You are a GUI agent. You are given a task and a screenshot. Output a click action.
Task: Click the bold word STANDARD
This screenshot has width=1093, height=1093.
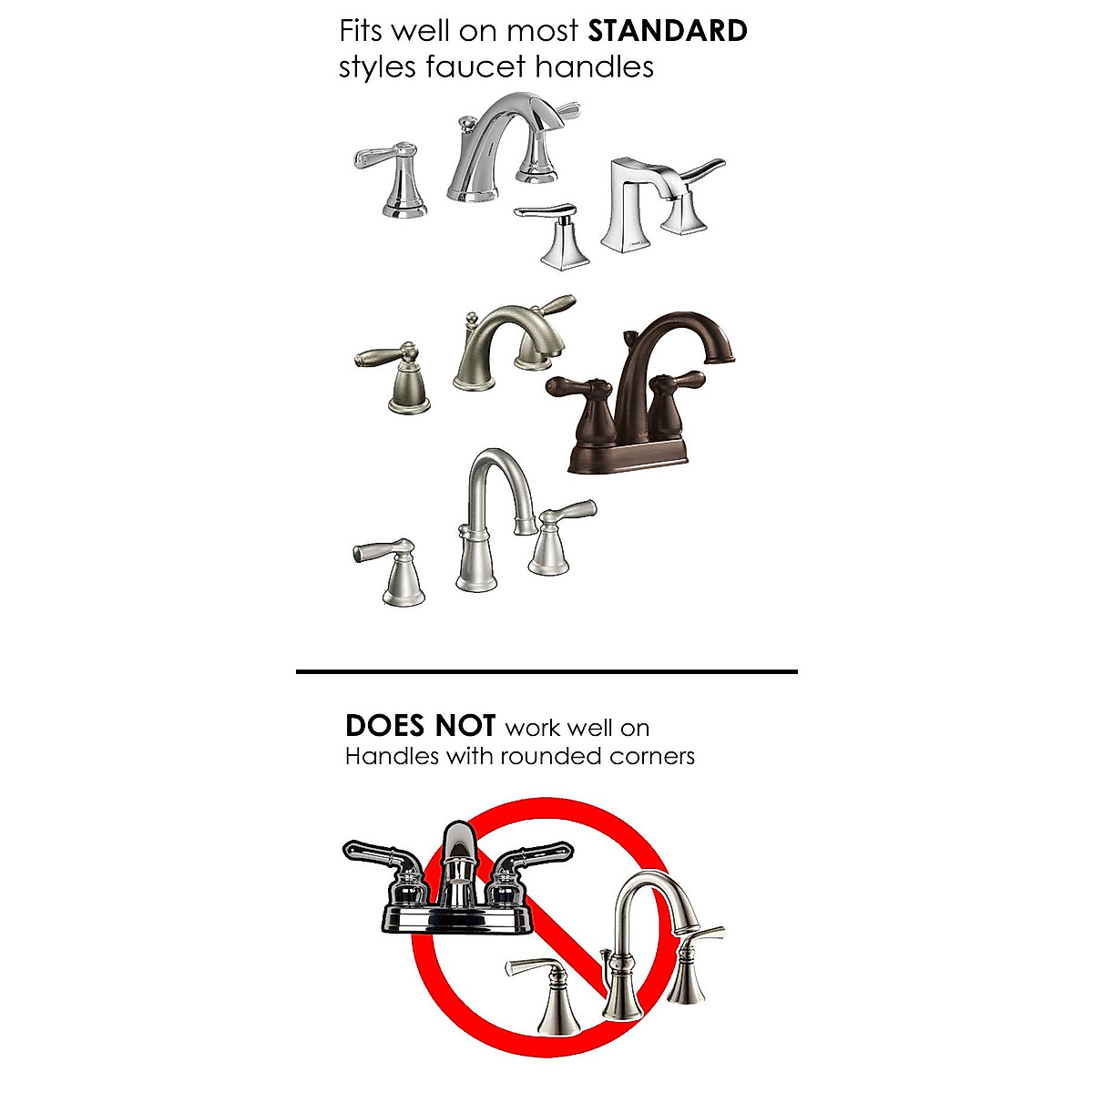click(x=668, y=31)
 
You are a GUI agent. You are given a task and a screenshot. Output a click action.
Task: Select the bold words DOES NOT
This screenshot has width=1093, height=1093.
click(x=420, y=726)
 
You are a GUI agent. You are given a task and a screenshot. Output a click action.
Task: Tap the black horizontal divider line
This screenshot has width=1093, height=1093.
click(x=546, y=671)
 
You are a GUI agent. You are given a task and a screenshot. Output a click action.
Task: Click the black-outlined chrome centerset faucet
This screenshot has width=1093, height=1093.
click(x=455, y=884)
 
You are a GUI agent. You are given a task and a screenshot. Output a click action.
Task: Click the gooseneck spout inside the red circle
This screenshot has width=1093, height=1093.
click(x=638, y=947)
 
